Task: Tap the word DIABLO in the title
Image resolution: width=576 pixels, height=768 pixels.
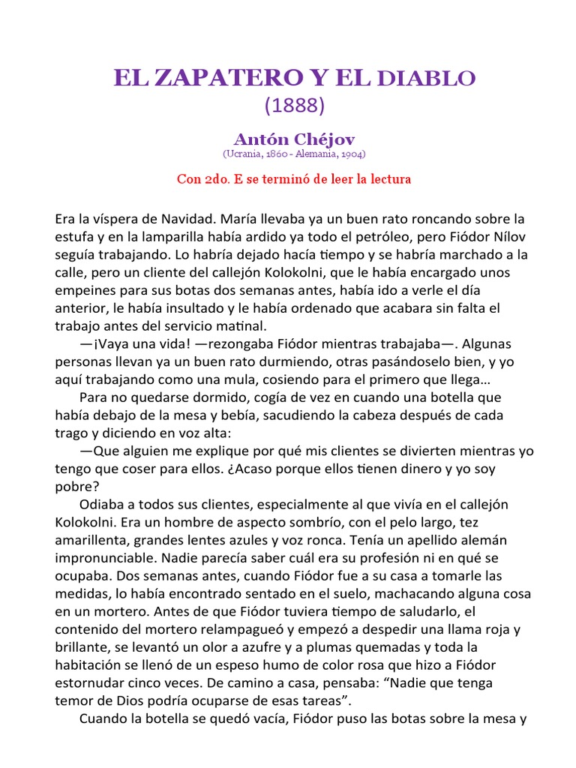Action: point(428,78)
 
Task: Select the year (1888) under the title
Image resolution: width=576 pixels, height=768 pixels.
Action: point(294,106)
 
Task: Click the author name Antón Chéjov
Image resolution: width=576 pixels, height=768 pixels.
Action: point(294,139)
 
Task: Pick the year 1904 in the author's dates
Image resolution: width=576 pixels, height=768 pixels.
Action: point(352,154)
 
